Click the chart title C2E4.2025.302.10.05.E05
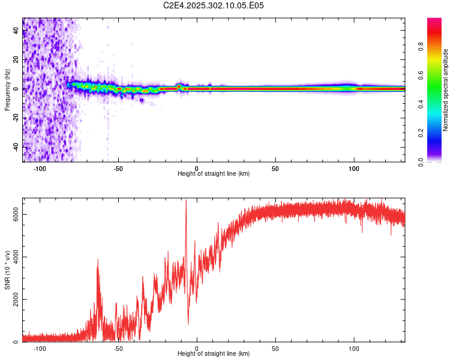(x=214, y=5)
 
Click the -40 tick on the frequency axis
(x=16, y=146)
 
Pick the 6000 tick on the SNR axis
(x=16, y=214)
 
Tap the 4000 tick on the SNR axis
(x=16, y=257)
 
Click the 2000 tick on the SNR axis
(x=16, y=299)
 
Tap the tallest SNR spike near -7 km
(x=186, y=200)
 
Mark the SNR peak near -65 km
(x=98, y=260)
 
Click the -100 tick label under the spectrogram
(x=40, y=169)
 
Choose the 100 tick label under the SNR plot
(x=354, y=349)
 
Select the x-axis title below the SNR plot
(x=214, y=354)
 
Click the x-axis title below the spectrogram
(x=214, y=174)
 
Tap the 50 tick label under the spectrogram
(x=275, y=169)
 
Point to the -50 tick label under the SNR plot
(x=118, y=349)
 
